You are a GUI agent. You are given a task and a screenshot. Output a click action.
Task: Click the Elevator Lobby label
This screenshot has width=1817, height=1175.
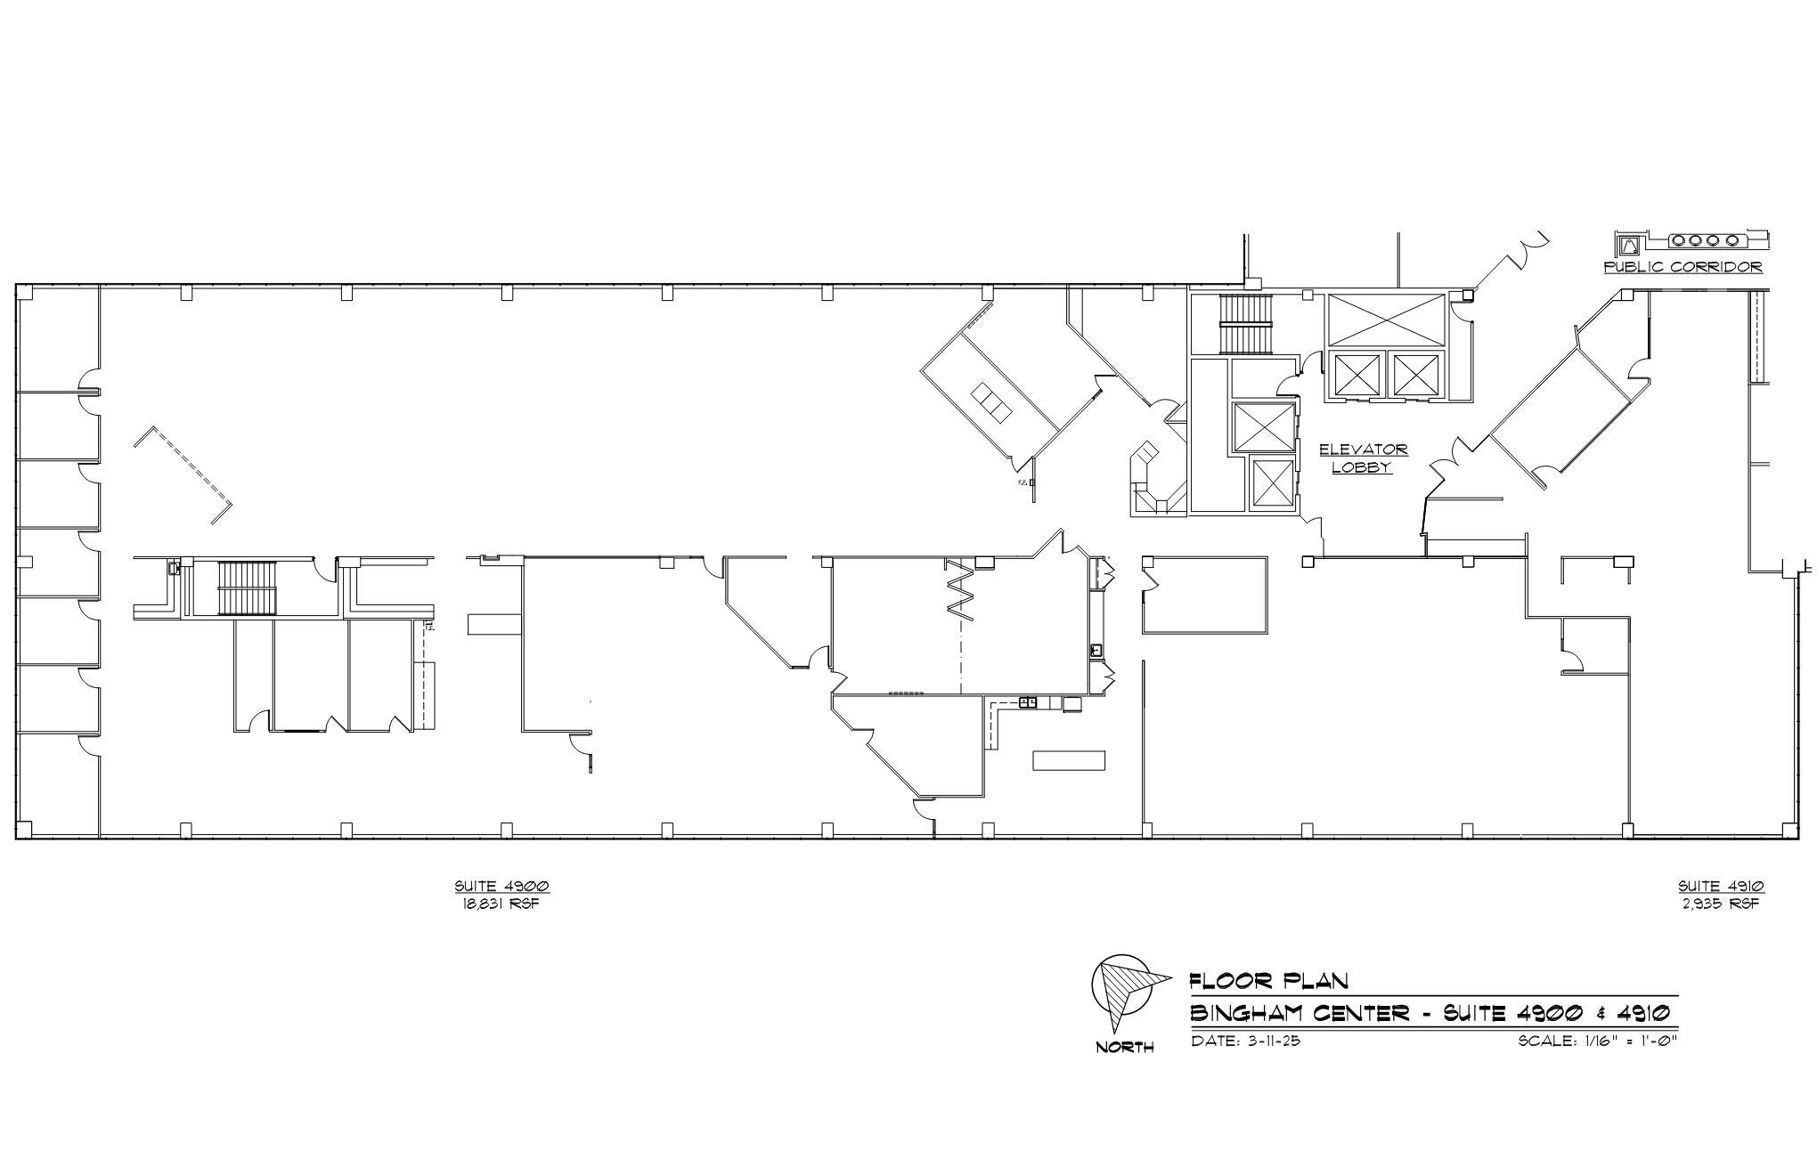click(x=1362, y=458)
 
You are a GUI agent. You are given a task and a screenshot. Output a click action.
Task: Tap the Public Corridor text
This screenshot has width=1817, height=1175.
click(x=1683, y=266)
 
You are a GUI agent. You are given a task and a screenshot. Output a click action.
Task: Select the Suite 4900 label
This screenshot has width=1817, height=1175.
click(x=501, y=886)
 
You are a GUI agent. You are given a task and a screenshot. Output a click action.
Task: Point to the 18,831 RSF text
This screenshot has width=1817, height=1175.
click(x=501, y=904)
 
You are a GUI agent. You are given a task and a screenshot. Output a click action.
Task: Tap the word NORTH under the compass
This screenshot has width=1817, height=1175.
click(x=1124, y=1048)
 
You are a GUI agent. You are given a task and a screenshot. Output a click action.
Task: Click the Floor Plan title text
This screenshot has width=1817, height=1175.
click(x=1269, y=981)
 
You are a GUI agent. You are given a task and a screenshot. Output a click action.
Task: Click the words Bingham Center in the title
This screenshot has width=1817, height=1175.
click(x=1300, y=1013)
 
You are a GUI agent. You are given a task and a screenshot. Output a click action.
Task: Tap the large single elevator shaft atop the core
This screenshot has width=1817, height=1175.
click(x=1385, y=319)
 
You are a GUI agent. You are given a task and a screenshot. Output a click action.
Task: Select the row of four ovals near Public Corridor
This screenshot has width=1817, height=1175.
click(x=1704, y=240)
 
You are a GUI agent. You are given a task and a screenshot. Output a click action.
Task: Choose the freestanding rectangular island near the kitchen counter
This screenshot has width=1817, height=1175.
click(x=1068, y=760)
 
